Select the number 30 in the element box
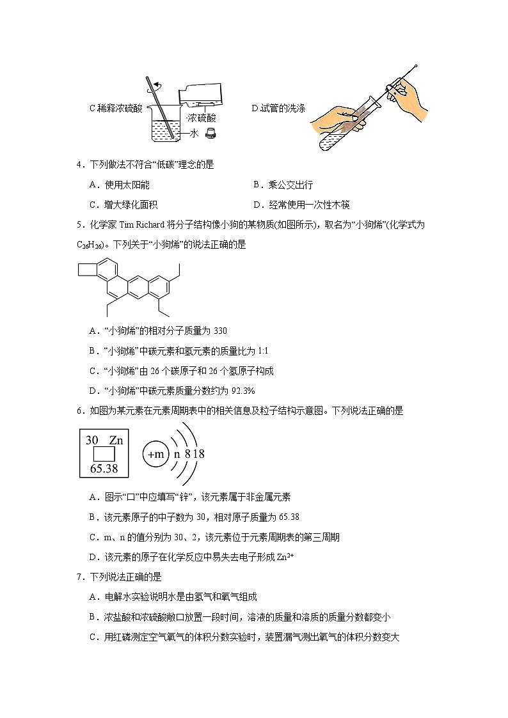91,440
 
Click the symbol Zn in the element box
116,440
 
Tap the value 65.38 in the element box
104,468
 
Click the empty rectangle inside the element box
104,454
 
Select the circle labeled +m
156,455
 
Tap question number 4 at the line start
79,165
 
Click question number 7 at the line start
79,577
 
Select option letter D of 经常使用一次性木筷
257,205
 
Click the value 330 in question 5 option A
219,331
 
